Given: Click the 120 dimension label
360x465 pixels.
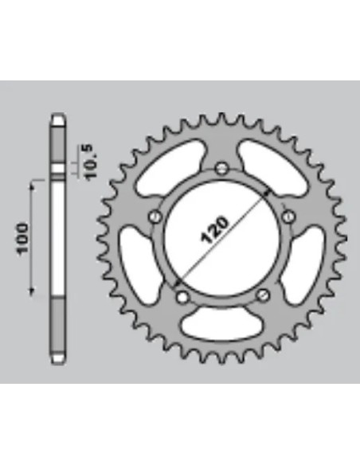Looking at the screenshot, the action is pos(215,230).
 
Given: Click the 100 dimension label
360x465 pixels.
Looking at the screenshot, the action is pos(22,238).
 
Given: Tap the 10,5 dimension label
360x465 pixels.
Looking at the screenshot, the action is pos(91,162).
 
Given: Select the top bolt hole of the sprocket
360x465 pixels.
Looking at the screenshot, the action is pos(221,169).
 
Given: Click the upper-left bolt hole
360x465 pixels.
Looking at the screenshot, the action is pos(155,217).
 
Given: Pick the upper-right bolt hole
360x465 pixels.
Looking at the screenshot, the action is pos(288,217).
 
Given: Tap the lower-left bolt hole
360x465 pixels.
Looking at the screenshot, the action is pos(182,296).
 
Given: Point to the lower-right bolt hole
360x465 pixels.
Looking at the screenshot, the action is pos(263,295).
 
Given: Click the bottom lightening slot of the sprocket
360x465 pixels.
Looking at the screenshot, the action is pos(221,324).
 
